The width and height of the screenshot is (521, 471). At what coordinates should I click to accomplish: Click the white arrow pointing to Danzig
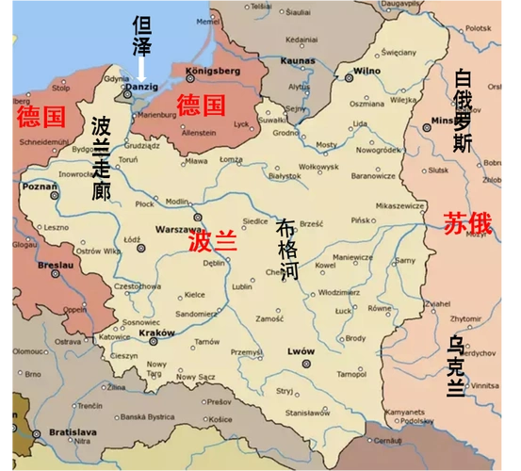coord(142,68)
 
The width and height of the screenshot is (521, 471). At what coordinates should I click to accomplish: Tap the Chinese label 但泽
coord(142,35)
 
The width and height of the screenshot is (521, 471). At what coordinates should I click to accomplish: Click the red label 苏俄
coord(468,223)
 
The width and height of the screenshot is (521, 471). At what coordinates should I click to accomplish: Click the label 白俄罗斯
coord(463,110)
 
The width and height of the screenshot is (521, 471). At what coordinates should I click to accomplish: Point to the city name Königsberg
coord(214,71)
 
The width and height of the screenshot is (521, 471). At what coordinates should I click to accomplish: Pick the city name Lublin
coord(242,285)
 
